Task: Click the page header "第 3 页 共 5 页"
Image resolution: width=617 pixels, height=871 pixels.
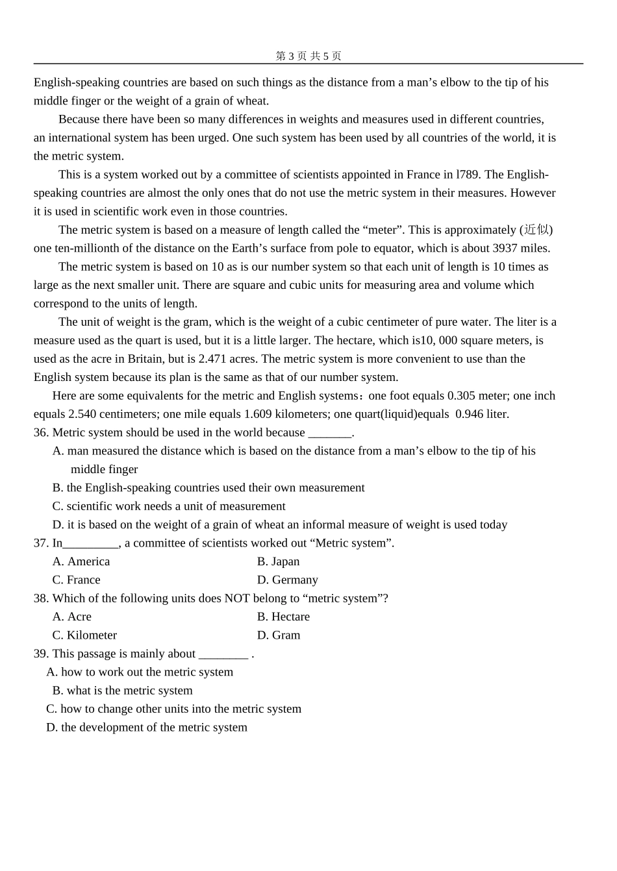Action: [x=308, y=56]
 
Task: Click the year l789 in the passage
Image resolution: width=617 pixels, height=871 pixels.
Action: [x=469, y=175]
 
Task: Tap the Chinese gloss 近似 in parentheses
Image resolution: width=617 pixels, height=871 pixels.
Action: [x=536, y=230]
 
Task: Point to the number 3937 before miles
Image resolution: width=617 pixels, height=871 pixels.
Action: [x=505, y=248]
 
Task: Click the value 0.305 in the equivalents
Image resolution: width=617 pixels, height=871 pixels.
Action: [x=461, y=396]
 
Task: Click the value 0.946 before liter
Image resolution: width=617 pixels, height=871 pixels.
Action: [x=470, y=414]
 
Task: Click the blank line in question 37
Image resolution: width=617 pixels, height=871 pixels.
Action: [x=91, y=544]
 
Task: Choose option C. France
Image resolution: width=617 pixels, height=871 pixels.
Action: [x=77, y=580]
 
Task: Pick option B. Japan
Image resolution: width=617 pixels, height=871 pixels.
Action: [x=279, y=561]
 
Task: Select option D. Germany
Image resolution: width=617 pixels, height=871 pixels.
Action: [x=288, y=580]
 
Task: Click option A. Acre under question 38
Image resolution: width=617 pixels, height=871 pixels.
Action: [x=72, y=617]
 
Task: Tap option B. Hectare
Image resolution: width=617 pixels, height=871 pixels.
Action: [x=283, y=617]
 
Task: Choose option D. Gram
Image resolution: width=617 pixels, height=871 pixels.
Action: [x=279, y=635]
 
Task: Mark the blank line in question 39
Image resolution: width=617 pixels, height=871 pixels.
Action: [x=223, y=655]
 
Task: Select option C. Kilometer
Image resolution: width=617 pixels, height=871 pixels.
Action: [x=85, y=635]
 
